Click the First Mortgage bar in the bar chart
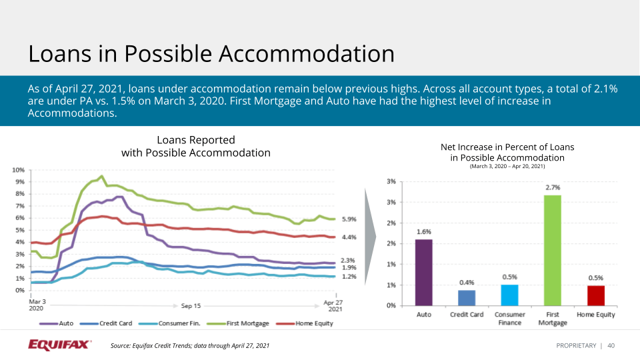(x=552, y=250)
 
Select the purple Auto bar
(x=423, y=272)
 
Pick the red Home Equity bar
(x=595, y=295)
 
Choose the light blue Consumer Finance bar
(x=509, y=295)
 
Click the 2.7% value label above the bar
(x=552, y=188)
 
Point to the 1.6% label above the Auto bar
(x=423, y=232)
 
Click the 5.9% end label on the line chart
(x=349, y=219)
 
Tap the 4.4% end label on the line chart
(x=349, y=237)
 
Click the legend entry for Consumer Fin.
(x=173, y=323)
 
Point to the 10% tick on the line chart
(x=19, y=170)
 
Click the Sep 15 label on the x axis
(x=191, y=305)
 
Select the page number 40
(x=611, y=345)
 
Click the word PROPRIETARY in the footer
(x=576, y=345)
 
